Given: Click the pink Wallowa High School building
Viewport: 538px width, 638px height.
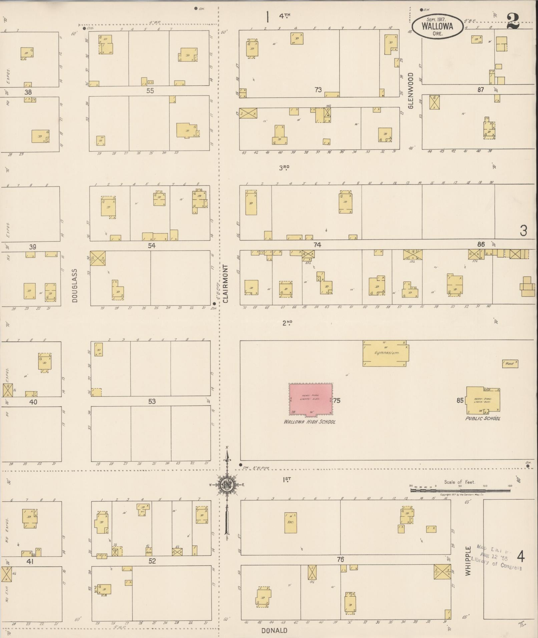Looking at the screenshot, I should [310, 399].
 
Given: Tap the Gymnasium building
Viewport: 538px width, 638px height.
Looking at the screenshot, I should [386, 353].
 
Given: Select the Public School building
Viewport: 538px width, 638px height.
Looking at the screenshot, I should [483, 400].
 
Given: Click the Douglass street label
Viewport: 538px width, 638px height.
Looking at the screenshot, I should [74, 285].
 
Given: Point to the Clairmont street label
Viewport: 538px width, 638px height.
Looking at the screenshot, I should [225, 283].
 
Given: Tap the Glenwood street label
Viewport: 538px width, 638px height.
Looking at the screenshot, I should [411, 90].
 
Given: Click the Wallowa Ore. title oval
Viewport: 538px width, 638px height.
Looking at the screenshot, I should [437, 26].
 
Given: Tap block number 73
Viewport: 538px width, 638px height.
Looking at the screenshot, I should [318, 89].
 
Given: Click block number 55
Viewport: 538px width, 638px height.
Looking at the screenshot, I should [150, 91].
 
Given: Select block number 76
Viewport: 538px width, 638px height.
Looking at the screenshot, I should [340, 559].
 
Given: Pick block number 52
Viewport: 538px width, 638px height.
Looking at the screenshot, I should [152, 561].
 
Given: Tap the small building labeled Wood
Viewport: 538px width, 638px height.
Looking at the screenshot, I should [510, 363].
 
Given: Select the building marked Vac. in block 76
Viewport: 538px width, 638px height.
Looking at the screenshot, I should [290, 523].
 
